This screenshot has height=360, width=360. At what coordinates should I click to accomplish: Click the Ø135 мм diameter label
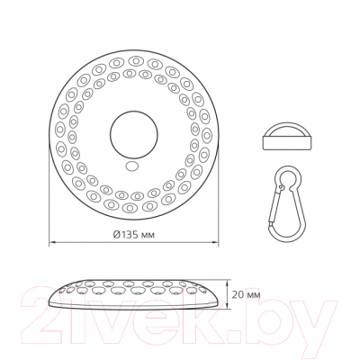click(x=134, y=235)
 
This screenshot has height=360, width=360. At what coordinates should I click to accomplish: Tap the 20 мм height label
click(x=246, y=295)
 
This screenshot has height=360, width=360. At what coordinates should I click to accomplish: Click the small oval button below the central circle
click(x=132, y=166)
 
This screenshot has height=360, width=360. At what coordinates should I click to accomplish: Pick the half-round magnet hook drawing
click(x=286, y=136)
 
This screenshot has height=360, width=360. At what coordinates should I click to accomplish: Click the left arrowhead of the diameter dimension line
click(x=51, y=241)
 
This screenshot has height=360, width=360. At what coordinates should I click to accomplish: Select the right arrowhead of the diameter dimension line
click(x=215, y=241)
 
